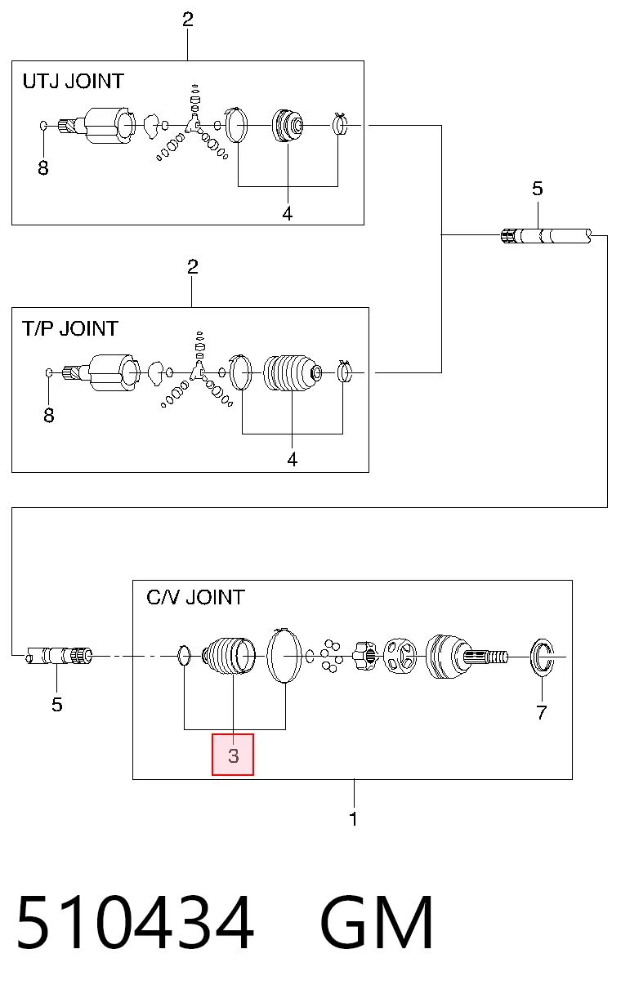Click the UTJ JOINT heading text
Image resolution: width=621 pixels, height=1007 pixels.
73,82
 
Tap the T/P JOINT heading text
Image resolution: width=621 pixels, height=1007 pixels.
69,328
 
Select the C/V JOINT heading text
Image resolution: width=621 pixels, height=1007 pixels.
195,598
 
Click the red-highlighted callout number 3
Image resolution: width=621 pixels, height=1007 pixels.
233,755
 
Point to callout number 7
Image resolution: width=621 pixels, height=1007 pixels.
541,712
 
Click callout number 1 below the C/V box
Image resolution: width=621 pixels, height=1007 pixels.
354,819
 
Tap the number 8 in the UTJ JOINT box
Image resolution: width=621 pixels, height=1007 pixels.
42,168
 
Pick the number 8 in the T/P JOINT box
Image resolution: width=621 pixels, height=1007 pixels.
48,416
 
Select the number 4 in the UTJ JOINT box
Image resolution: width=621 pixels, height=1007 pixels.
288,213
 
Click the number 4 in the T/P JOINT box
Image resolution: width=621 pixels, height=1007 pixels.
293,460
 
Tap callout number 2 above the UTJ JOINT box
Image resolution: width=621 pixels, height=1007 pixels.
187,20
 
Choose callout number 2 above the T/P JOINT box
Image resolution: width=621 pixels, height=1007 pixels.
193,267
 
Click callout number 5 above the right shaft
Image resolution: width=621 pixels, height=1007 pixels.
538,189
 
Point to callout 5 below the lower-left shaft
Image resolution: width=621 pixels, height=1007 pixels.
56,705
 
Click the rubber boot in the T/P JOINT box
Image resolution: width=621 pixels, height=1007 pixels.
293,373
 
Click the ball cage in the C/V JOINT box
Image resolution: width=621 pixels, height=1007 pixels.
400,656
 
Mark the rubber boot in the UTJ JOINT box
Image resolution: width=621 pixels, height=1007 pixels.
288,126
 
